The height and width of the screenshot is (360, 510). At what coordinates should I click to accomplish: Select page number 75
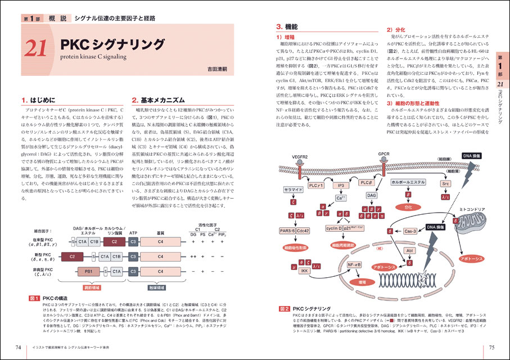(x=491, y=346)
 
